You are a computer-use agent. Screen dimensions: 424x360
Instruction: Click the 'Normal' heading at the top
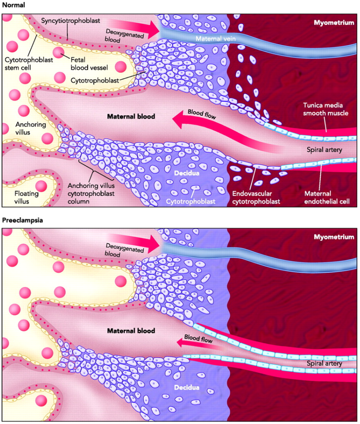(x=13, y=4)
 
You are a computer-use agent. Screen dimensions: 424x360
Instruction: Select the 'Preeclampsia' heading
(x=22, y=220)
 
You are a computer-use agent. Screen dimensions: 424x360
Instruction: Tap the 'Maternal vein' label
(x=212, y=38)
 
